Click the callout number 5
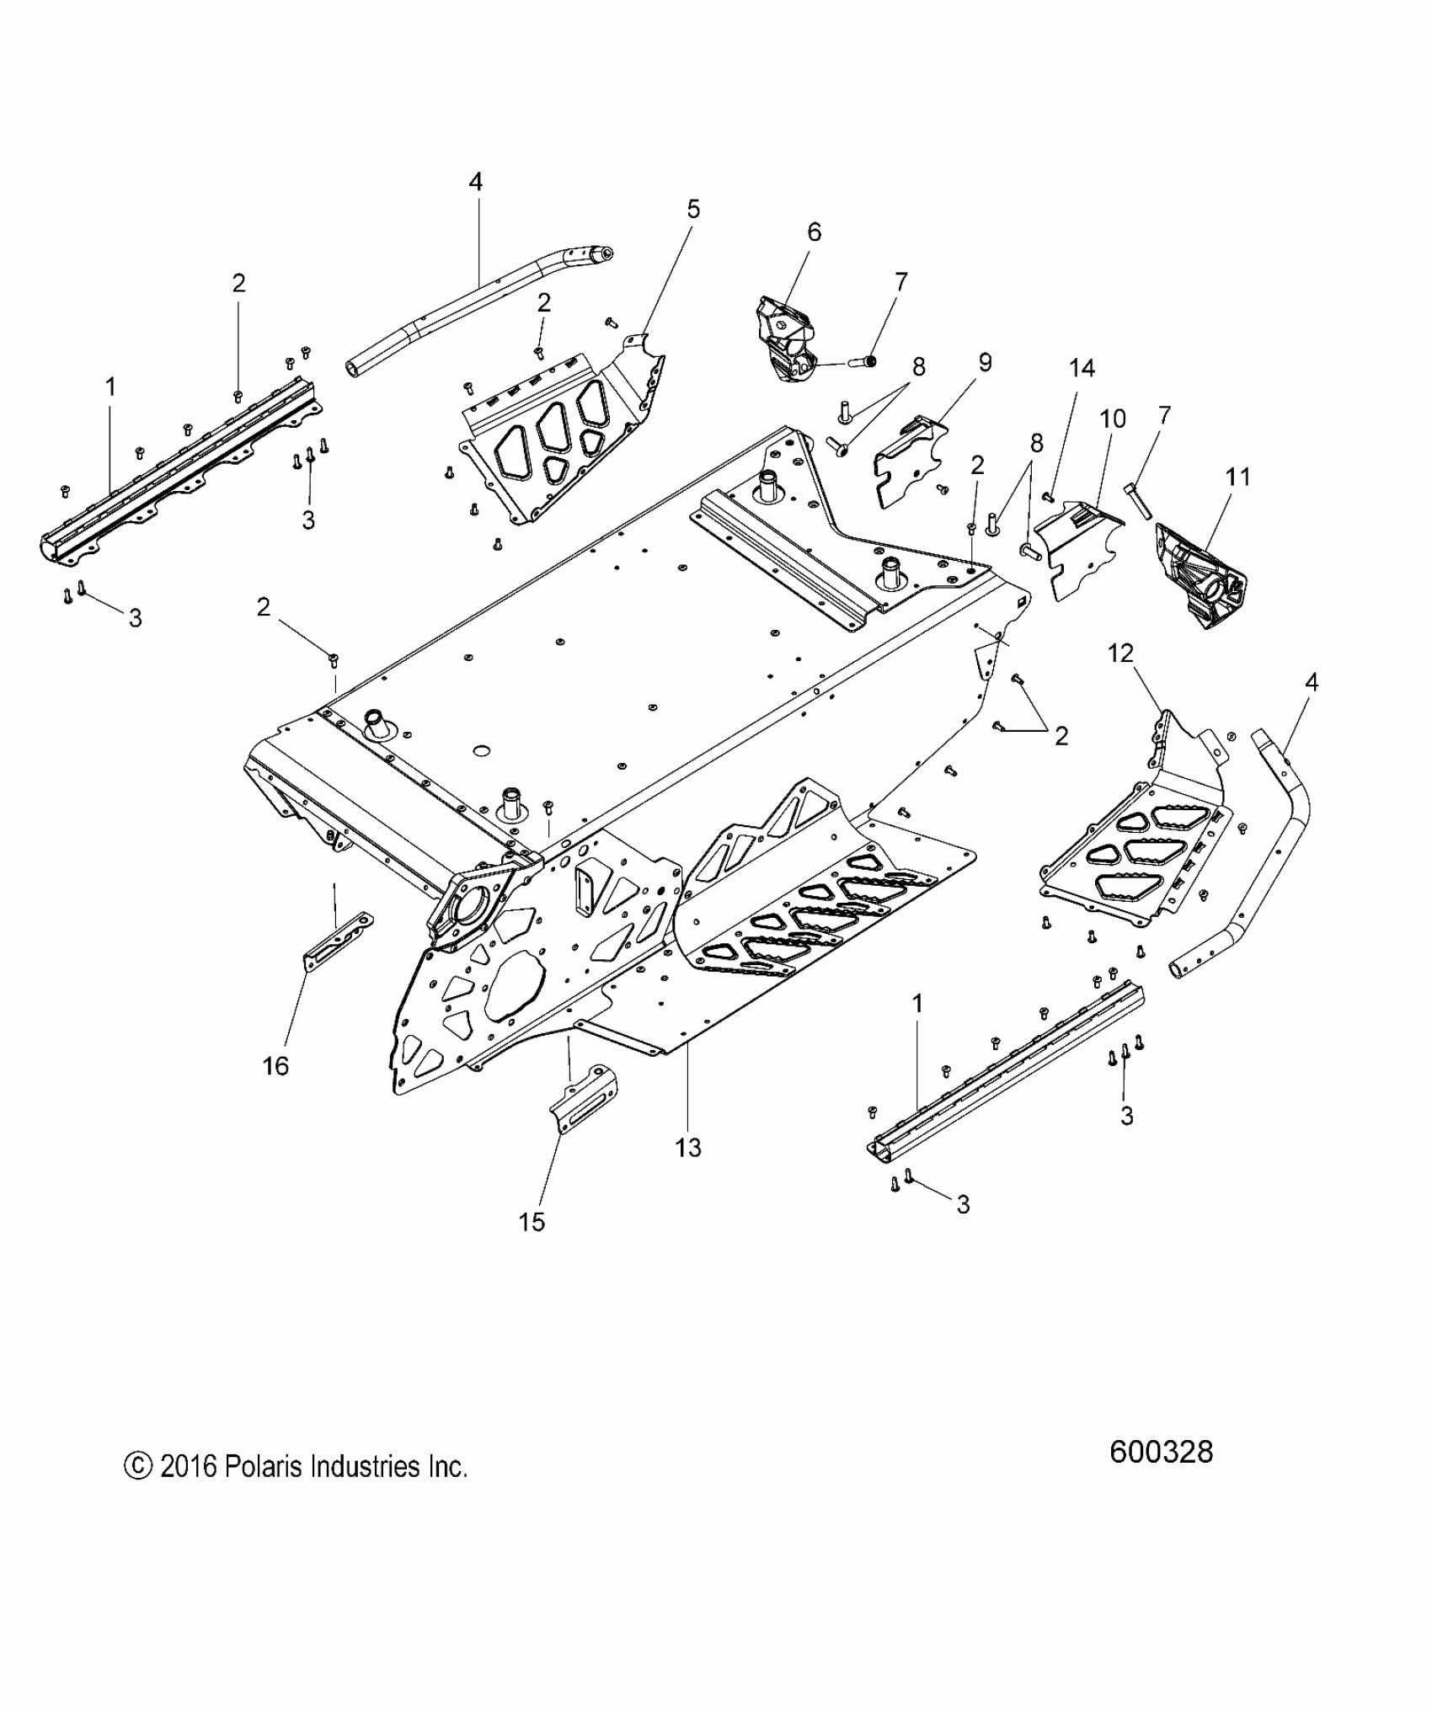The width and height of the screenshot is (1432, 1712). pyautogui.click(x=693, y=210)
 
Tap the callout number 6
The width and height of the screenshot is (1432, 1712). pyautogui.click(x=814, y=232)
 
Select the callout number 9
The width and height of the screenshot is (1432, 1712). pyautogui.click(x=985, y=363)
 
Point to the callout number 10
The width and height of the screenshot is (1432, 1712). pyautogui.click(x=1113, y=419)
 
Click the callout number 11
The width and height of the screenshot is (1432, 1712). pyautogui.click(x=1238, y=477)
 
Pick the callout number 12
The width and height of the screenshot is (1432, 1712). pyautogui.click(x=1121, y=653)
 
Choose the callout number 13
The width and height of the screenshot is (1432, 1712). pyautogui.click(x=688, y=1147)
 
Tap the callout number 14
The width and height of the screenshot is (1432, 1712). pyautogui.click(x=1082, y=368)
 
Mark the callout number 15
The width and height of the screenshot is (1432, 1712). pyautogui.click(x=532, y=1222)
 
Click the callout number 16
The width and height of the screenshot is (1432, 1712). pyautogui.click(x=275, y=1066)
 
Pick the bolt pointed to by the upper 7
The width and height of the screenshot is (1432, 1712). pyautogui.click(x=863, y=361)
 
